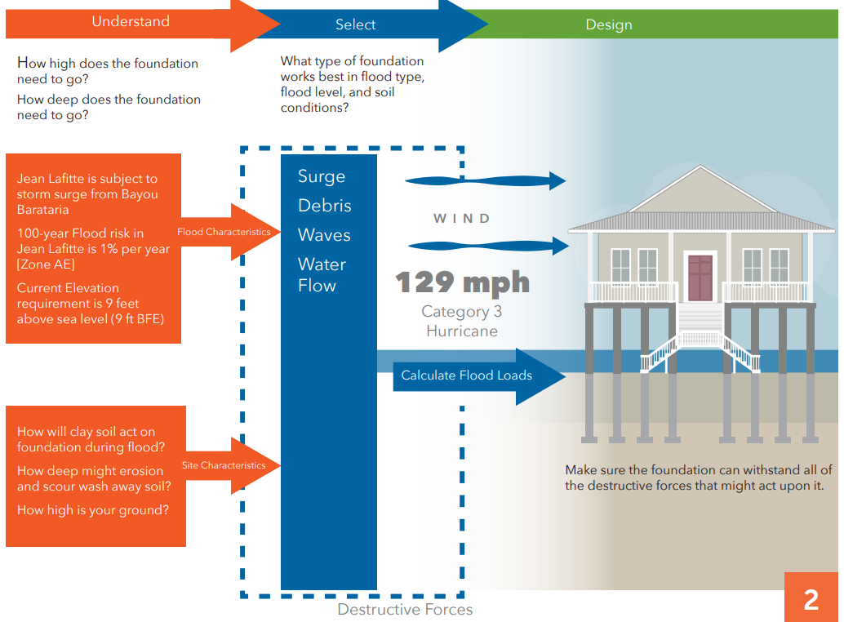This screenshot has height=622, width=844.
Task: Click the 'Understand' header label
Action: point(131,22)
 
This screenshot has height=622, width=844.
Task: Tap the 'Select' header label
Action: point(355,25)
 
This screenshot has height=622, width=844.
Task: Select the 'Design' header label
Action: point(609,25)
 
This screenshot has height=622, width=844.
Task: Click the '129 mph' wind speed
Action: point(463,282)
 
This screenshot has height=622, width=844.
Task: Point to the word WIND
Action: point(462,218)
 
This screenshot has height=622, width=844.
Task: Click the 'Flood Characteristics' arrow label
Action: point(224,232)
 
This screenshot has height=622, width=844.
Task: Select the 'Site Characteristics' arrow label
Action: point(224,465)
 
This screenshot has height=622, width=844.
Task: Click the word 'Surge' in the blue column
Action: point(322,176)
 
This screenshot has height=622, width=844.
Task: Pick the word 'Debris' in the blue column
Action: point(325,206)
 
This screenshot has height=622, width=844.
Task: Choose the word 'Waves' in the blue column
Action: point(324,235)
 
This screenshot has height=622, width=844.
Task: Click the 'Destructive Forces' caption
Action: point(405,609)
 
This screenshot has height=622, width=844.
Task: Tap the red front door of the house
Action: point(700,278)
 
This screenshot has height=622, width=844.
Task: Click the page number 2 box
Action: point(811,599)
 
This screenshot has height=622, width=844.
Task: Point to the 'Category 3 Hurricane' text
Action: point(462,321)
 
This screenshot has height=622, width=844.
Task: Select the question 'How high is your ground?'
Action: point(93,510)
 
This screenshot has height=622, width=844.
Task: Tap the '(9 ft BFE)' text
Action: point(131,319)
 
